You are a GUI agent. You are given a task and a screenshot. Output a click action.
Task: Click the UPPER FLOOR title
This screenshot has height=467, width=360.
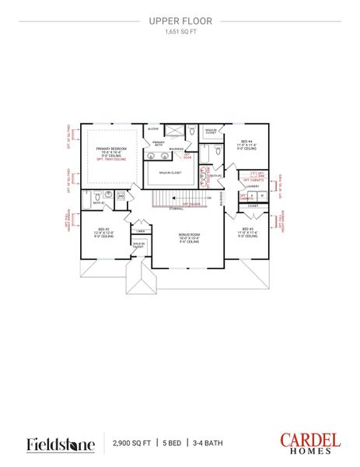tap(180, 22)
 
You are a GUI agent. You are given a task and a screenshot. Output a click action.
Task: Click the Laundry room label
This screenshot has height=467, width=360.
tap(251, 187)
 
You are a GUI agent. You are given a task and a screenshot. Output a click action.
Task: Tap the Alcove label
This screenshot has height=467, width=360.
tap(153, 129)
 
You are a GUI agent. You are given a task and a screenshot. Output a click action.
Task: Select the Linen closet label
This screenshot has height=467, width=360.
tap(141, 231)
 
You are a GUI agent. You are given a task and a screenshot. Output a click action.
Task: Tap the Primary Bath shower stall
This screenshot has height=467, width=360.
tap(177, 131)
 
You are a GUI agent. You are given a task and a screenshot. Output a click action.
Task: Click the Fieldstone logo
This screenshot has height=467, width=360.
tap(61, 444)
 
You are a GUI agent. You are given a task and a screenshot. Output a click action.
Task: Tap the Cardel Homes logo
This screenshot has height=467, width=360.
tap(309, 444)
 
